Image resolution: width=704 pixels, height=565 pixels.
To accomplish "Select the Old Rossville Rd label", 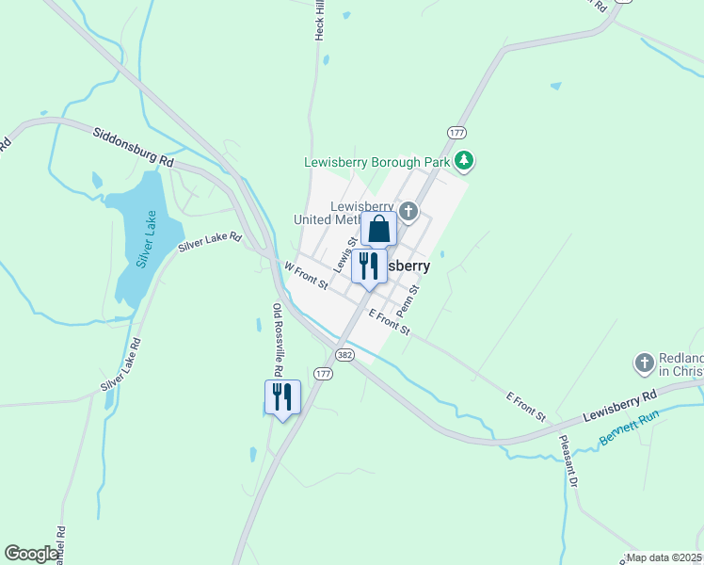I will pyautogui.click(x=278, y=334).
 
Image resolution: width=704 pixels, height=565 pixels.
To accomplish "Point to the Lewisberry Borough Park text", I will pyautogui.click(x=377, y=162).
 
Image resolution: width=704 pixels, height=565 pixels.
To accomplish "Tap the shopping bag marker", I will pyautogui.click(x=378, y=229).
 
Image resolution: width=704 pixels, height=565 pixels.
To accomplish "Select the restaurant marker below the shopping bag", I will pyautogui.click(x=369, y=266).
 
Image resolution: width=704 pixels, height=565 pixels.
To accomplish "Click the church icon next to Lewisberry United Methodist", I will pyautogui.click(x=408, y=210).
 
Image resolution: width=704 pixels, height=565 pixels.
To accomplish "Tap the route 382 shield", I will pyautogui.click(x=345, y=354).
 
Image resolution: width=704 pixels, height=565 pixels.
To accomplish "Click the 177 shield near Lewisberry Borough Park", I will pyautogui.click(x=457, y=132).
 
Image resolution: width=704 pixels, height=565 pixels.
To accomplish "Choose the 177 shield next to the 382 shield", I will pyautogui.click(x=324, y=374).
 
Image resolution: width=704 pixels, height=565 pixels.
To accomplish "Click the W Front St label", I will pyautogui.click(x=306, y=275).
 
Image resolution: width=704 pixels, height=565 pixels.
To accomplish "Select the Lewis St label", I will pyautogui.click(x=344, y=252).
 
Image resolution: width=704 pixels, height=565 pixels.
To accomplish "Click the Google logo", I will pyautogui.click(x=32, y=554).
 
